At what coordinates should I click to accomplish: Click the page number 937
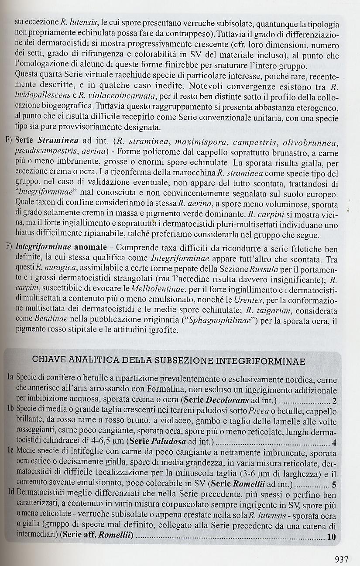(341, 559)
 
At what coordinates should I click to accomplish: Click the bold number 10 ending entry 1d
(331, 538)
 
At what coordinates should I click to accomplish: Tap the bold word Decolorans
(239, 400)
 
